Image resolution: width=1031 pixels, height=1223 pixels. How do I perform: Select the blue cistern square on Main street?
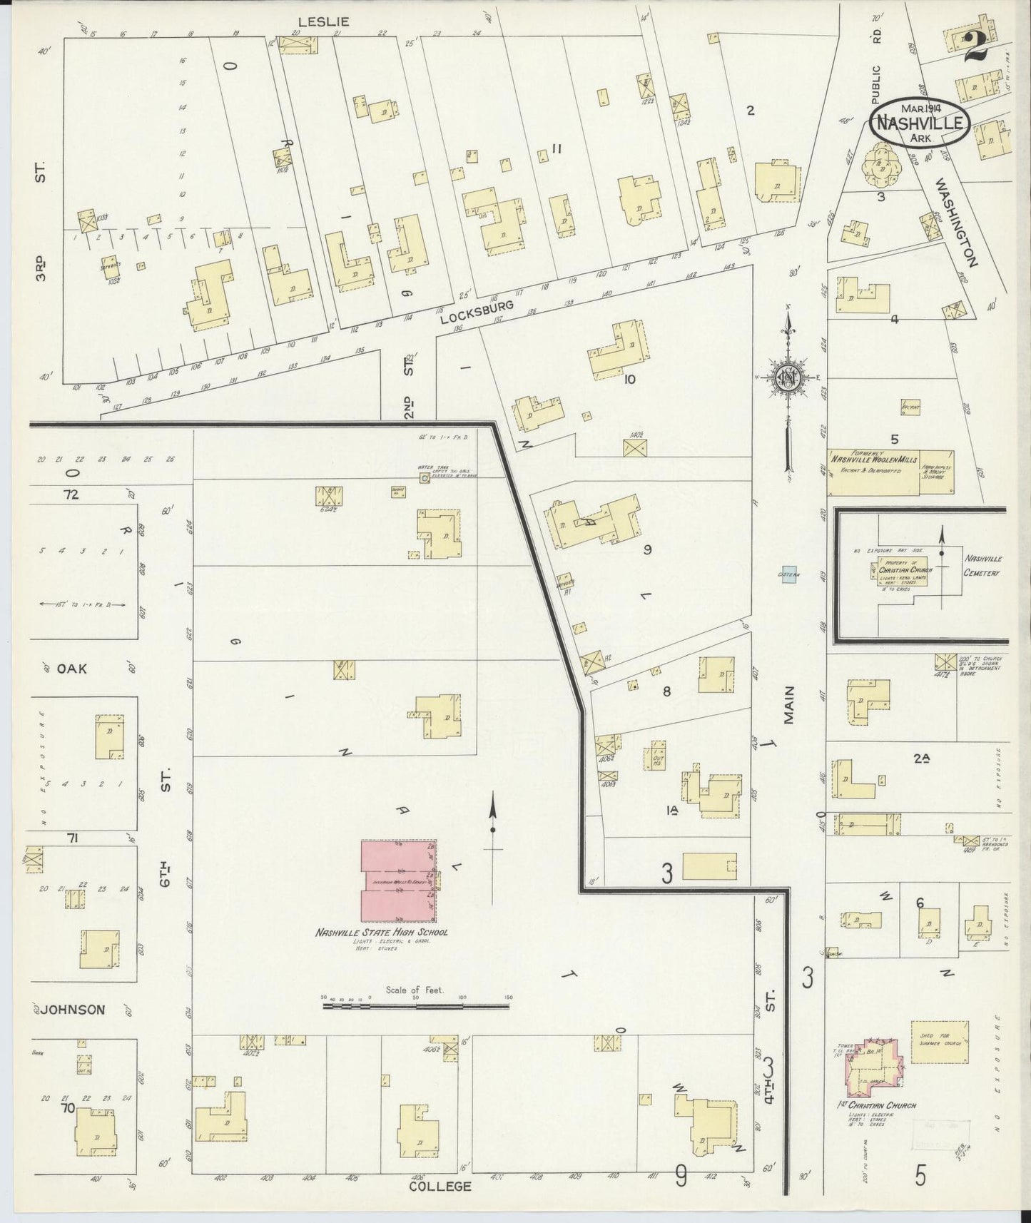pos(789,574)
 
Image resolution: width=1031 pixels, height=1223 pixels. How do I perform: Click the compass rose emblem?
pos(788,377)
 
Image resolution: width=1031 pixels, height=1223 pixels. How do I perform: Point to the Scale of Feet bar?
pos(416,1005)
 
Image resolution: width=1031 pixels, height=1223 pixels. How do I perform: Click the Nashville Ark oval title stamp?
pos(919,123)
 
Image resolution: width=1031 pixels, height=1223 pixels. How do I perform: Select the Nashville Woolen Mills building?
pos(873,472)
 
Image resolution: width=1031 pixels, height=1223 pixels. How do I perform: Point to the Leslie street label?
pos(323,23)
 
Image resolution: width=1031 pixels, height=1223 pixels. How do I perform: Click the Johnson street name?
pos(73,1009)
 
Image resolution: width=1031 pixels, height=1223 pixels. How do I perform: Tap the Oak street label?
pos(71,669)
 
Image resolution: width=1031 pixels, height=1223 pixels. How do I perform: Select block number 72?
pos(70,494)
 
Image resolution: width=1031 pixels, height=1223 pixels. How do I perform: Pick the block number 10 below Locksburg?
pos(629,379)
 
